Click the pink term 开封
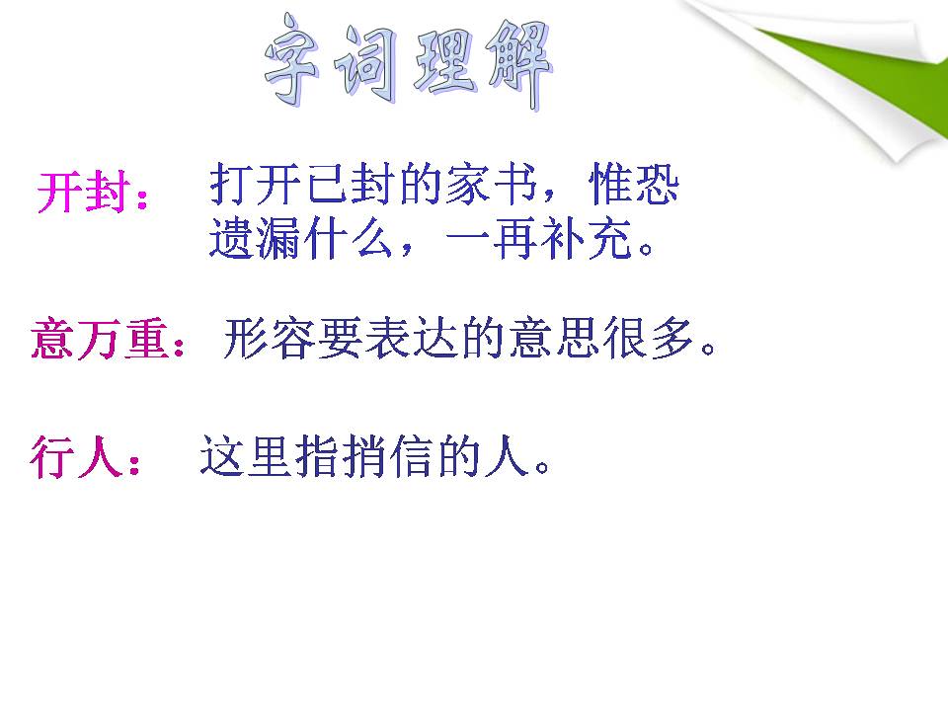tap(84, 193)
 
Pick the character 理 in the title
tap(443, 65)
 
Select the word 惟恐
tap(633, 186)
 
